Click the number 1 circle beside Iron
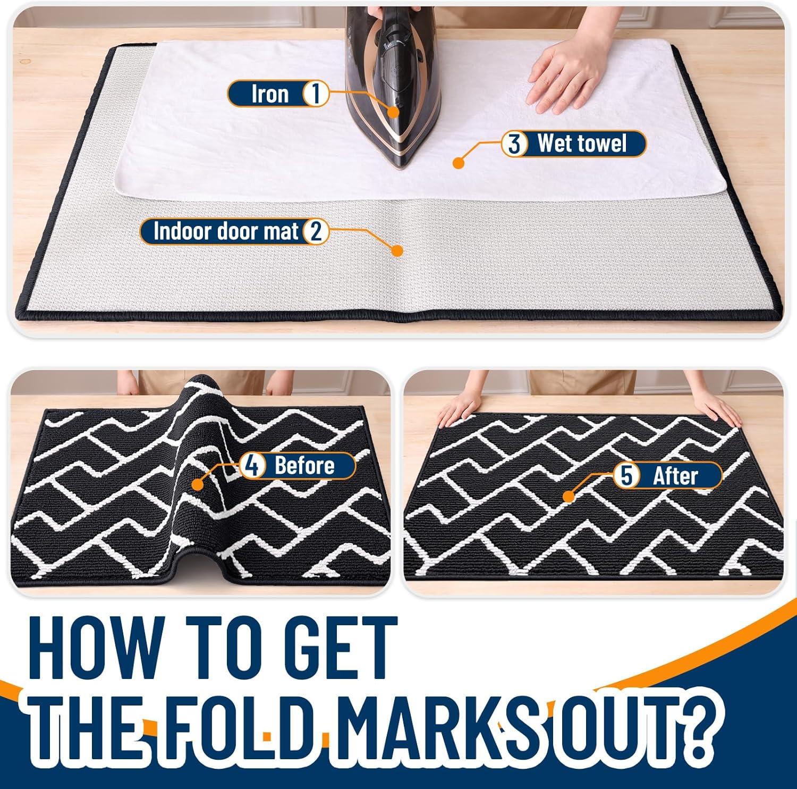click(x=315, y=94)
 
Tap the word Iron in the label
click(x=270, y=94)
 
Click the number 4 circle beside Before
click(x=252, y=466)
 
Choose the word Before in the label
click(x=304, y=466)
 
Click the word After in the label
click(x=675, y=475)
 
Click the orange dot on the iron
click(x=393, y=111)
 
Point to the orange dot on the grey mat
click(x=396, y=250)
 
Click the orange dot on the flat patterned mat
click(x=569, y=497)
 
